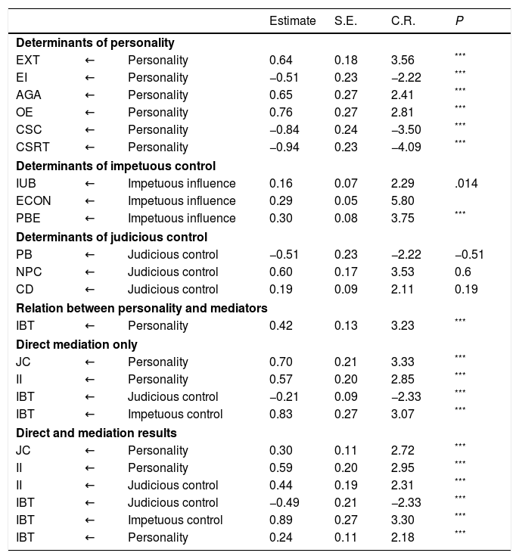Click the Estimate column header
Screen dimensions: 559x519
tap(292, 21)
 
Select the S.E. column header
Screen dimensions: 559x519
tap(347, 21)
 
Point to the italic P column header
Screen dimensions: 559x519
tap(458, 21)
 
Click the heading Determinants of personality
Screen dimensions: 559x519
tap(95, 42)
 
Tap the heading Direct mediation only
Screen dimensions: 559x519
tap(76, 344)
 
